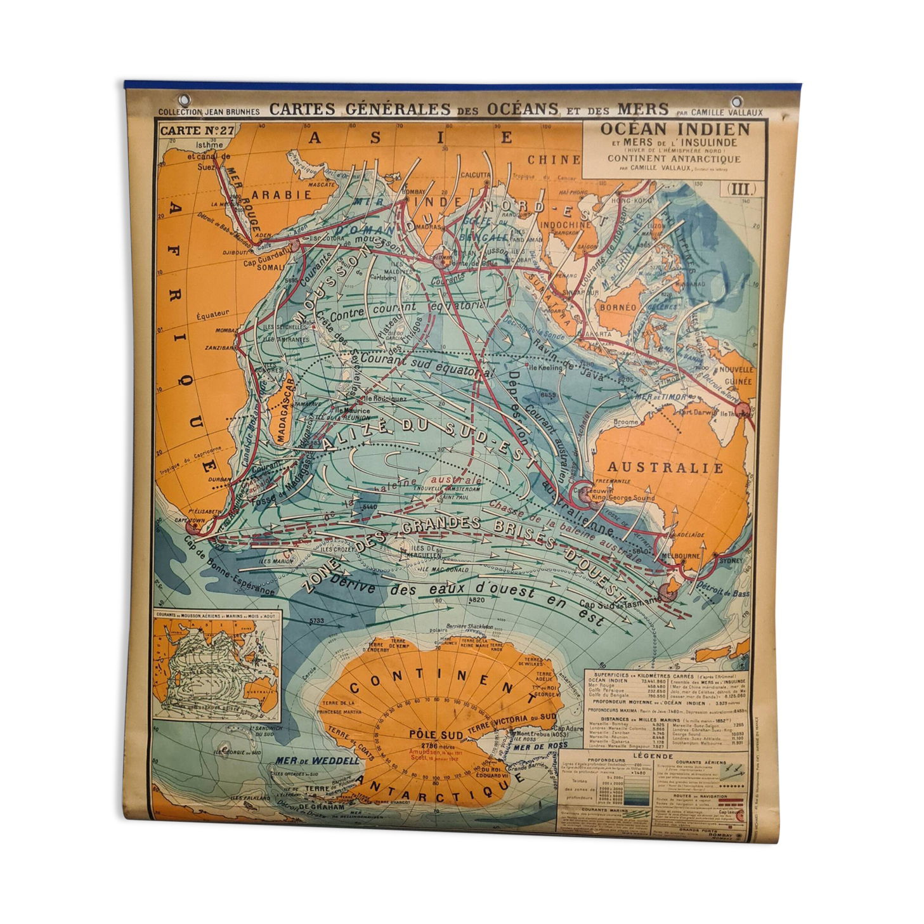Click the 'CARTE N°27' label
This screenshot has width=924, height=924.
[188, 131]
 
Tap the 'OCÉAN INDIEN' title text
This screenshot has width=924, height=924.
[675, 129]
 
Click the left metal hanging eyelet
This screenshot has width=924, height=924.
[185, 100]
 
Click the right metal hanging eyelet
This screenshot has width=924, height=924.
[737, 101]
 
